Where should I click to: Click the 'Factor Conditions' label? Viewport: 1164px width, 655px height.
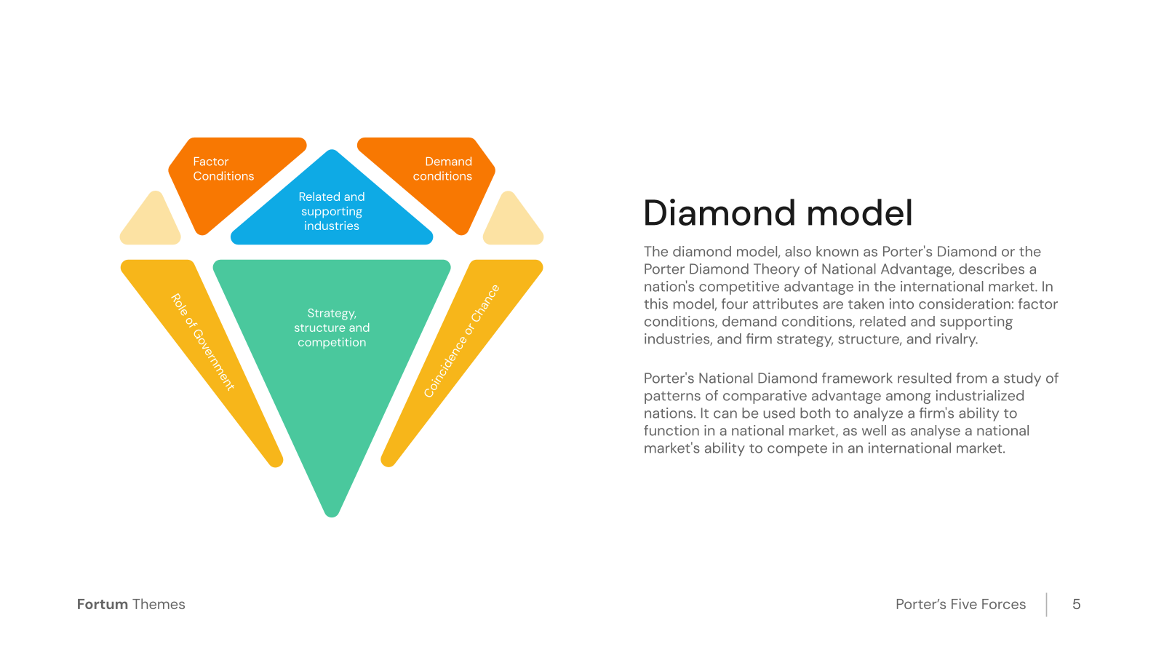(x=223, y=169)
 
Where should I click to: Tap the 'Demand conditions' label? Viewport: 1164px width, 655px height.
(x=442, y=169)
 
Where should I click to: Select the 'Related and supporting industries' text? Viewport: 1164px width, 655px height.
(x=332, y=211)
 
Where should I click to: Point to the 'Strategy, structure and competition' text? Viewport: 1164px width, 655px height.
(x=332, y=327)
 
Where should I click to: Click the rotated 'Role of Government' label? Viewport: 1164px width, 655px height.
(x=203, y=341)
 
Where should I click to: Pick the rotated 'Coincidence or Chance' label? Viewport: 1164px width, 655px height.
(x=461, y=341)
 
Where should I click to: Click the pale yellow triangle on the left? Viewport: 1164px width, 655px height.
(x=151, y=219)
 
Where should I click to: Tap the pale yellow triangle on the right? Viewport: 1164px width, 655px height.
(x=513, y=219)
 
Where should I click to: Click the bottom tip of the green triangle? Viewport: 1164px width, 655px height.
(x=332, y=516)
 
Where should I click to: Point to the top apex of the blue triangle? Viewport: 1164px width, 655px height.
(x=332, y=150)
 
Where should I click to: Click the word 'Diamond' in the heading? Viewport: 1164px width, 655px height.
(x=719, y=213)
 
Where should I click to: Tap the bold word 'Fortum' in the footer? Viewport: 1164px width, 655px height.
(x=103, y=604)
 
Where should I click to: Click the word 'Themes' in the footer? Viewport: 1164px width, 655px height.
(x=159, y=604)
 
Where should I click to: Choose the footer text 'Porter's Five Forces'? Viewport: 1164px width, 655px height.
(x=960, y=604)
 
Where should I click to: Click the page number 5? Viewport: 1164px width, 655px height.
(x=1076, y=604)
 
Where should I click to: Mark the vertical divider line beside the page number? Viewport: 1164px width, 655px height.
(x=1047, y=605)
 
